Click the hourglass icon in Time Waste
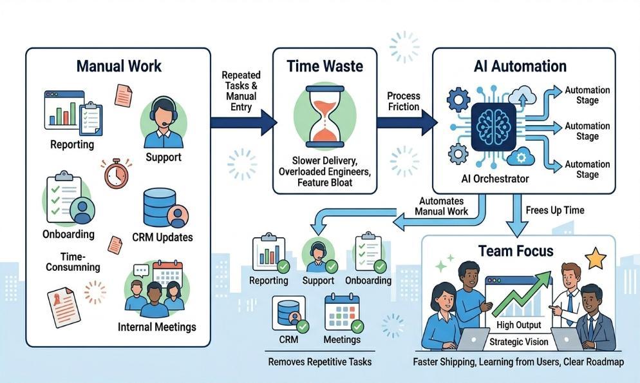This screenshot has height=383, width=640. pyautogui.click(x=325, y=117)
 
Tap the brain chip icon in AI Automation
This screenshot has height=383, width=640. pyautogui.click(x=493, y=127)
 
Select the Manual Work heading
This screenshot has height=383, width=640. pyautogui.click(x=118, y=66)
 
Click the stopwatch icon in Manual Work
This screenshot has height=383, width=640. pyautogui.click(x=117, y=173)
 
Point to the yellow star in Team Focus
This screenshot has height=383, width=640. pyautogui.click(x=596, y=259)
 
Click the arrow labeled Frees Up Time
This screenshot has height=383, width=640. pyautogui.click(x=517, y=215)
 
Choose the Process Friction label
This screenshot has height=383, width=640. pyautogui.click(x=404, y=101)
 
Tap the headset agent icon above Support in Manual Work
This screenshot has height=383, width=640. pyautogui.click(x=164, y=123)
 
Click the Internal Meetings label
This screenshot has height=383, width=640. pyautogui.click(x=156, y=327)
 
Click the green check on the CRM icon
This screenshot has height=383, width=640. pyautogui.click(x=303, y=326)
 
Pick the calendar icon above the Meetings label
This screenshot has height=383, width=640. pyautogui.click(x=342, y=312)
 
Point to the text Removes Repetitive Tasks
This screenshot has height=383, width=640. pyautogui.click(x=319, y=362)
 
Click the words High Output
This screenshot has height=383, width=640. pyautogui.click(x=519, y=325)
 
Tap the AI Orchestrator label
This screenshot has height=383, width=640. pyautogui.click(x=495, y=179)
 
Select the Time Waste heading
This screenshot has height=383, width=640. pyautogui.click(x=325, y=66)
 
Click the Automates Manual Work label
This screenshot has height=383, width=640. pyautogui.click(x=441, y=206)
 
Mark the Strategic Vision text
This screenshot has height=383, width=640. pyautogui.click(x=519, y=342)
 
